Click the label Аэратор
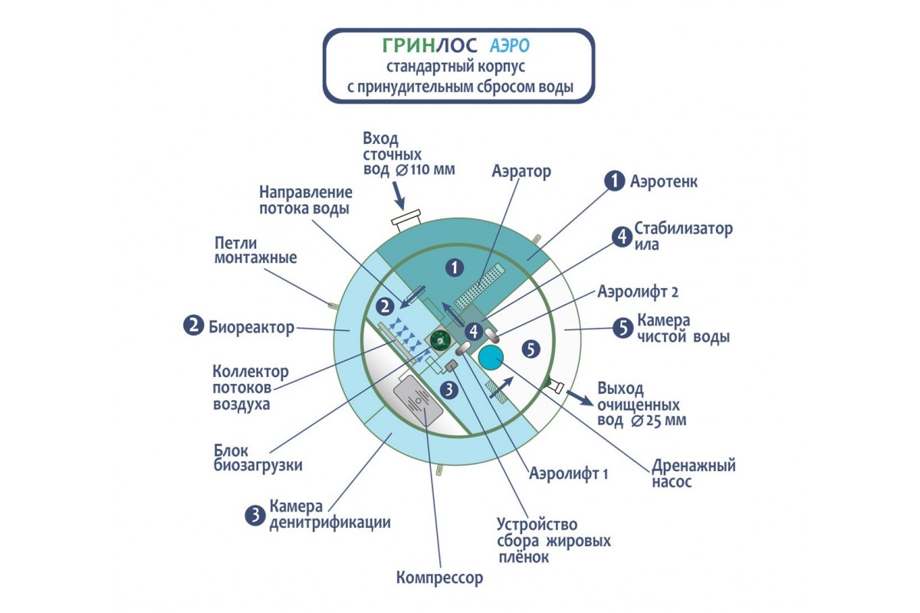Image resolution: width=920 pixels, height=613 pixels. (x=521, y=172)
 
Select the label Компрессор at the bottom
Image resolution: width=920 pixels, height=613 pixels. (x=439, y=577)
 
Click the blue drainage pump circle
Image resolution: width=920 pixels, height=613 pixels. (x=490, y=356)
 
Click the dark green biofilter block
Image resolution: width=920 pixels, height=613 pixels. (x=439, y=340)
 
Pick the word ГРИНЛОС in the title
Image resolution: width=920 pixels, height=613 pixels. (x=417, y=48)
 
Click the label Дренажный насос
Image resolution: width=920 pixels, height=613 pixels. (x=694, y=473)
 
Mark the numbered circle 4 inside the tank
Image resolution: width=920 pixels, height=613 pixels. (x=474, y=332)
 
